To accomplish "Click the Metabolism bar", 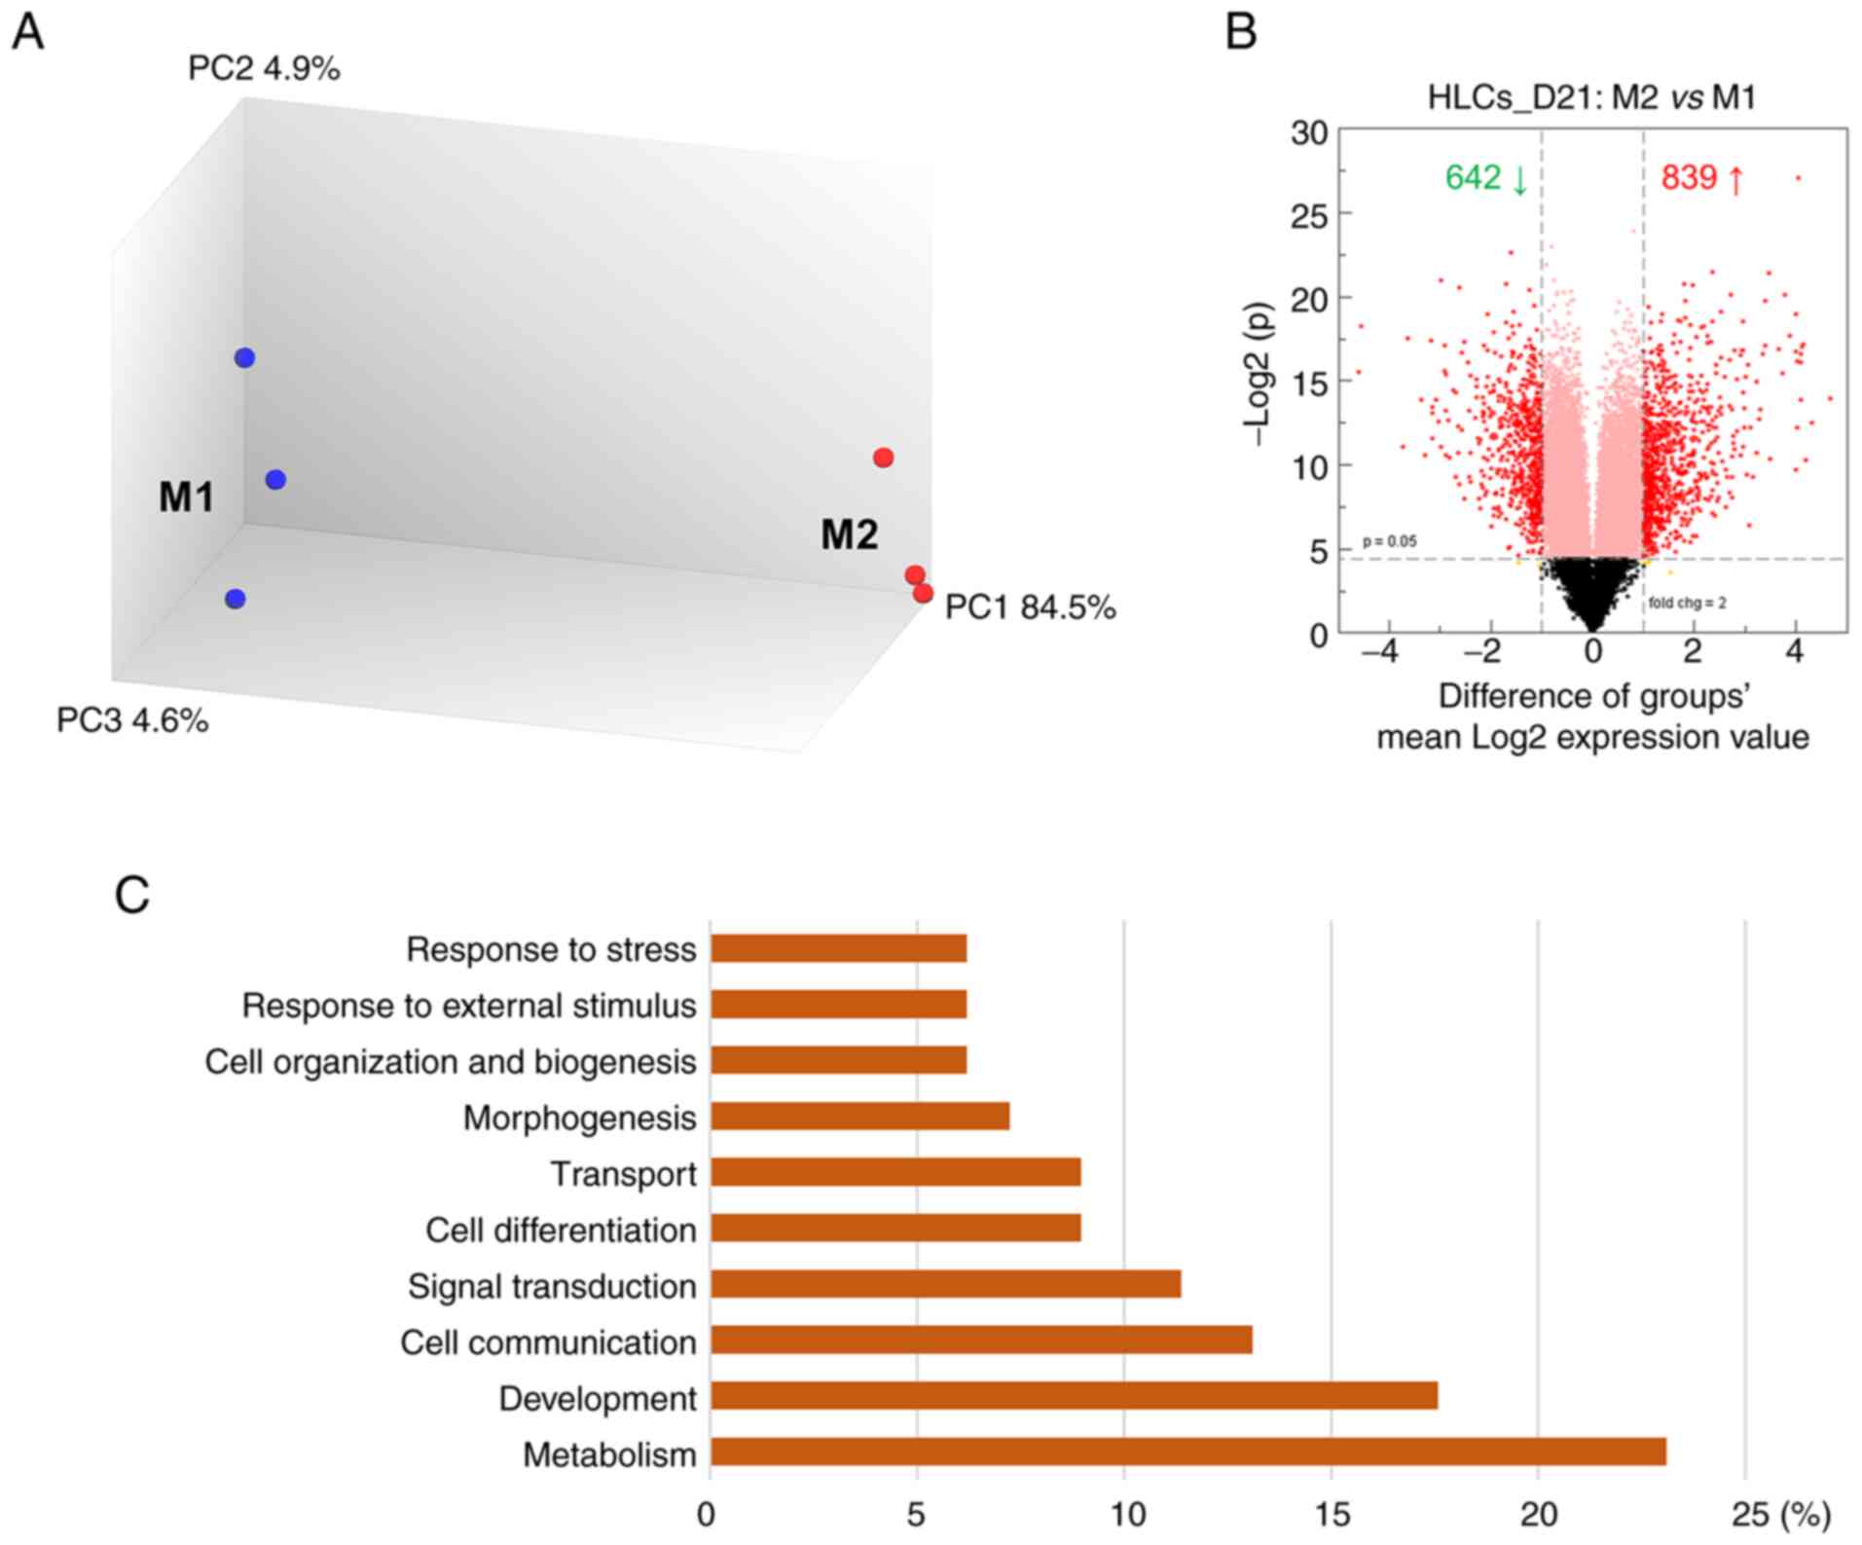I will tap(1187, 1452).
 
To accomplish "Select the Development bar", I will tap(1073, 1395).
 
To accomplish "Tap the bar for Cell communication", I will tap(980, 1340).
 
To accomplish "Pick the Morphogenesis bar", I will tap(858, 1116).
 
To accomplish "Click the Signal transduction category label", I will tap(552, 1286).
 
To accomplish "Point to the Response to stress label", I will tap(551, 949).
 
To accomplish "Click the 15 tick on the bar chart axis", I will tap(1332, 1514).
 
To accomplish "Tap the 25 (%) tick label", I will tap(1780, 1514).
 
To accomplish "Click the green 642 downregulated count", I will tap(1485, 178).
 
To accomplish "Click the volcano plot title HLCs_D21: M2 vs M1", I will tap(1591, 97).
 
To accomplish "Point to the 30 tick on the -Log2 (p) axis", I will tap(1309, 132).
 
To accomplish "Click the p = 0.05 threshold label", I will tap(1389, 541).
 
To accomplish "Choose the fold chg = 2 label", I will tap(1687, 603).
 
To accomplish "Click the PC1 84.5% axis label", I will tap(1030, 607).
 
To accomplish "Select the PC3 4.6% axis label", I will tap(132, 720).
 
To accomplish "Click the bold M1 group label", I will tap(186, 497).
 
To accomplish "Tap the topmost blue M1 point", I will tap(244, 358).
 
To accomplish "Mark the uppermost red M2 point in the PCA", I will tap(883, 458).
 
